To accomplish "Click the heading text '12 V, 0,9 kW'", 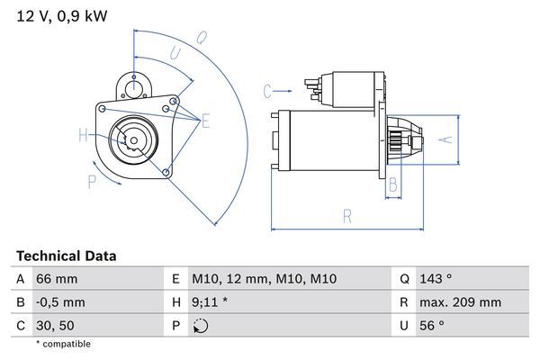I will (56, 16).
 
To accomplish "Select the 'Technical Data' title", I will (66, 256).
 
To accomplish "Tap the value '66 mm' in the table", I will (57, 280).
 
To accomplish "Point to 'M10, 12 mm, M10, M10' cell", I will (264, 280).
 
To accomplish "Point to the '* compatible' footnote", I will (63, 344).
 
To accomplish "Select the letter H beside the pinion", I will (84, 136).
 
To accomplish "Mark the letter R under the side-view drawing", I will (347, 216).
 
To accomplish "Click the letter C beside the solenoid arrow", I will (267, 91).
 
